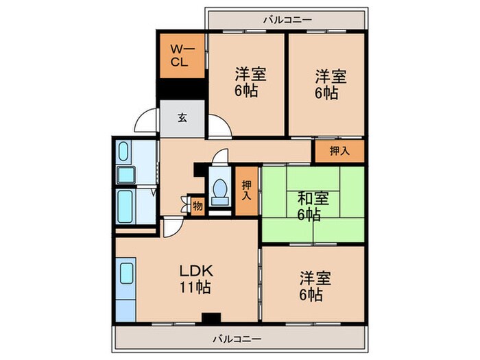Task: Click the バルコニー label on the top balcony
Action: (x=287, y=19)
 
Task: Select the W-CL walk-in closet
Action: (x=181, y=56)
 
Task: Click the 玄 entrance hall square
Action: (x=182, y=118)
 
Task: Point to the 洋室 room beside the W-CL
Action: (x=245, y=82)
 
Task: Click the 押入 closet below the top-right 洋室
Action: (x=339, y=151)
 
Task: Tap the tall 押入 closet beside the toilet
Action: (x=247, y=191)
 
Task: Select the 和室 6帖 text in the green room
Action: (x=313, y=206)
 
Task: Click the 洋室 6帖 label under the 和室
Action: (x=315, y=286)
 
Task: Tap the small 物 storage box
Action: (x=197, y=205)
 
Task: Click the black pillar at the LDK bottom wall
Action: (x=211, y=317)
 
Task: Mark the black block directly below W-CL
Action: (x=181, y=90)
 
